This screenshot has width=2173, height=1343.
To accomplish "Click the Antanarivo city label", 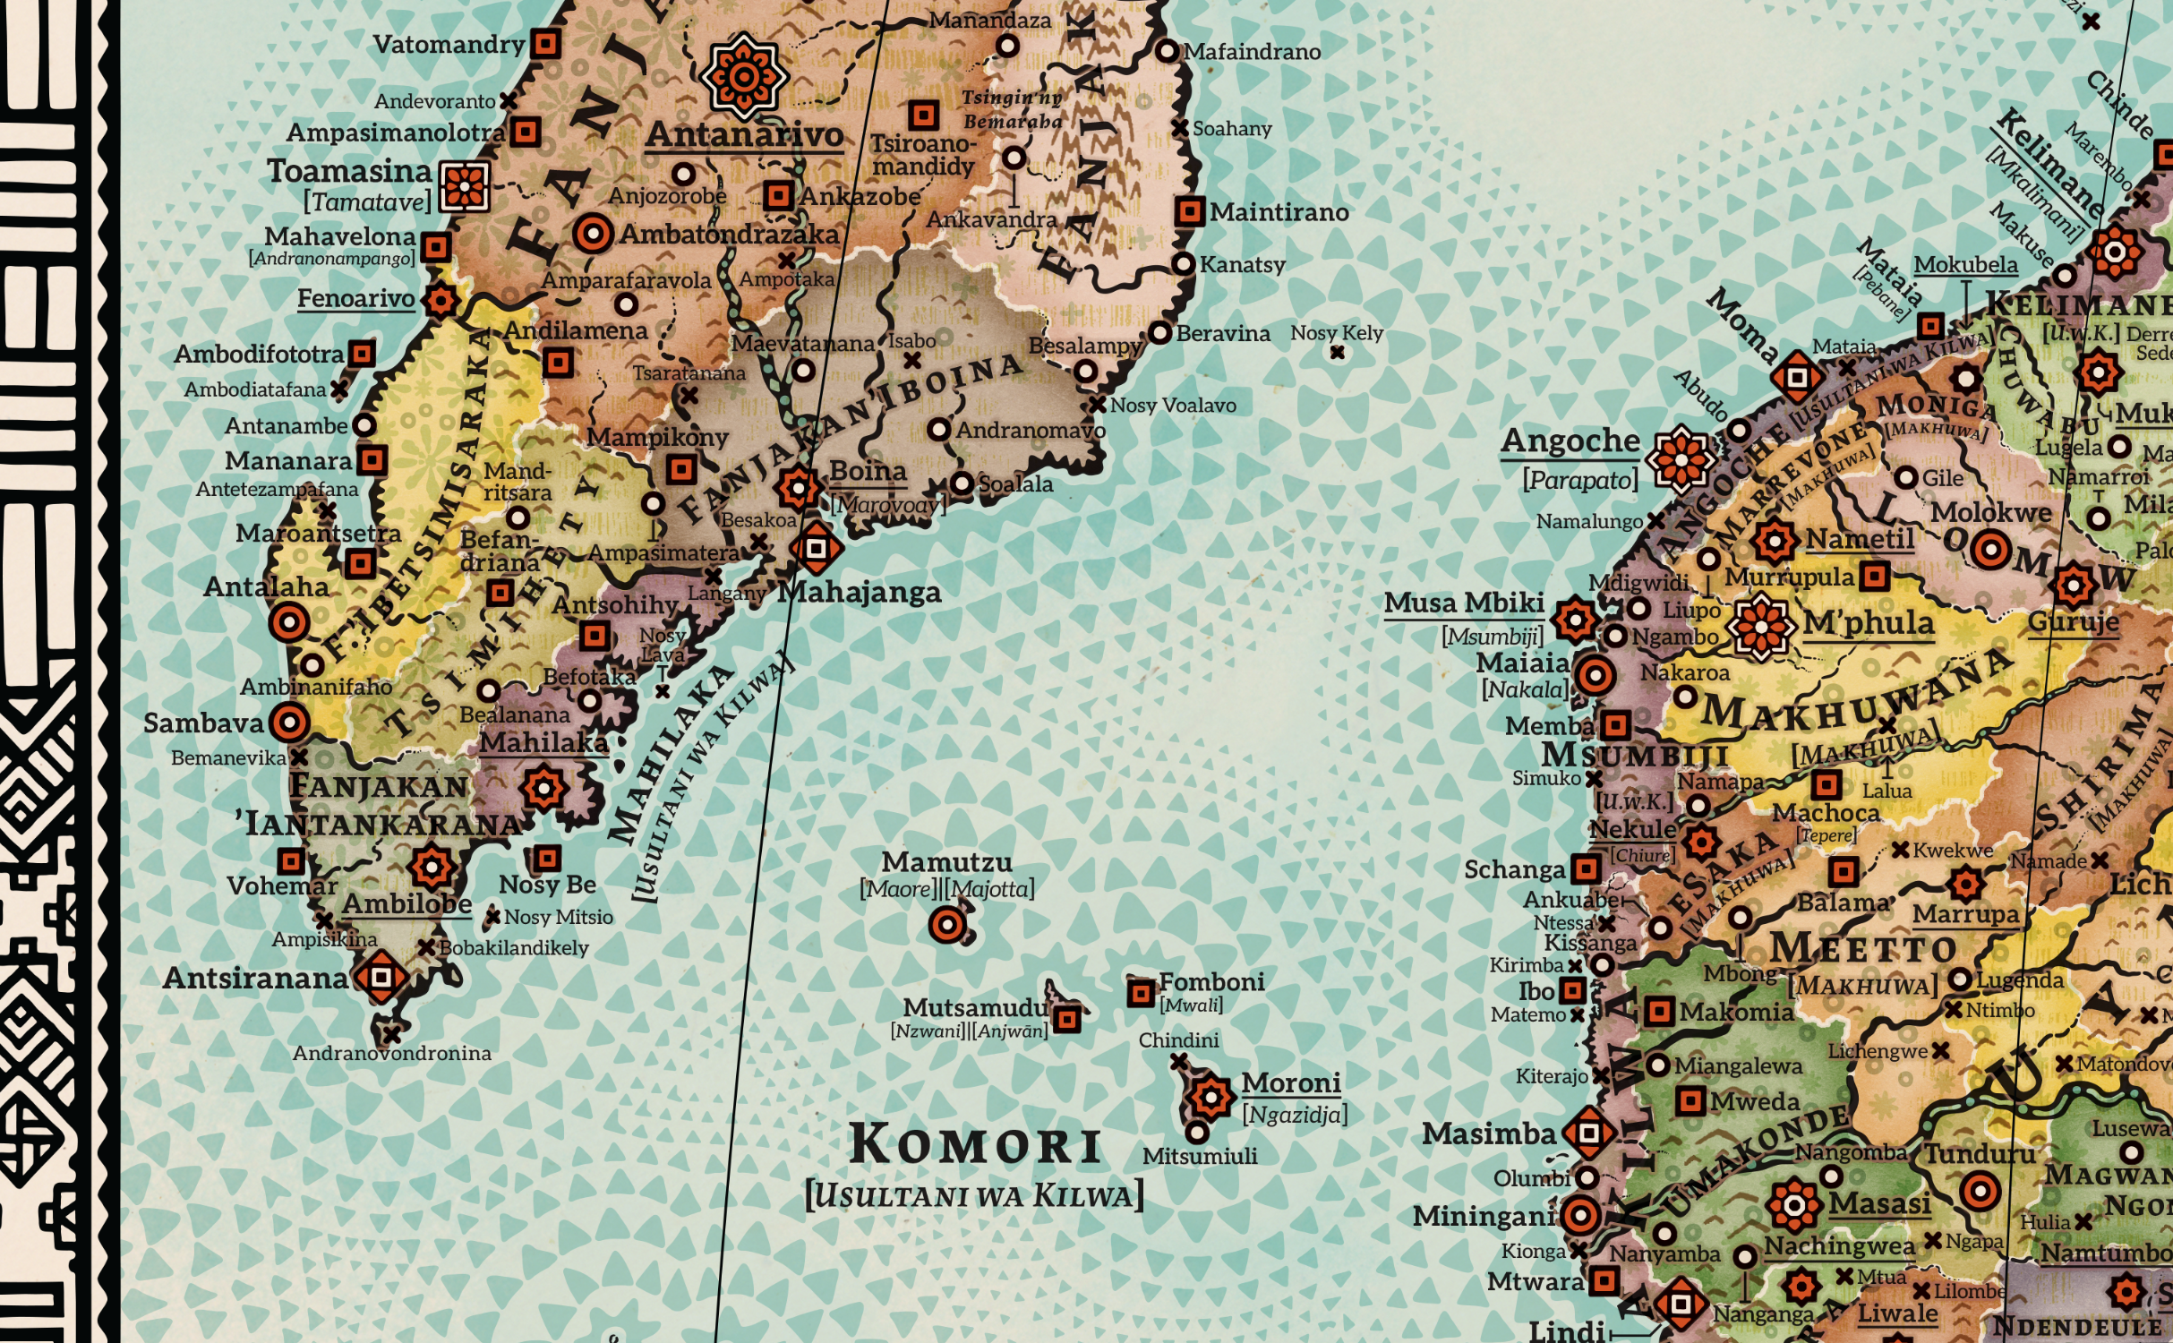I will tap(744, 135).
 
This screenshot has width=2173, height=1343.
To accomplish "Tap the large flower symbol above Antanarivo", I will tap(743, 76).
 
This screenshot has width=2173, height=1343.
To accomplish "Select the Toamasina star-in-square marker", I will tap(465, 186).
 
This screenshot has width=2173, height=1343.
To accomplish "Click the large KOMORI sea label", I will tap(975, 1145).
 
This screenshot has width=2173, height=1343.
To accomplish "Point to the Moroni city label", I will tap(1290, 1083).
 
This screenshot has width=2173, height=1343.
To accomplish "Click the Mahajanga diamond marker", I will tap(816, 547).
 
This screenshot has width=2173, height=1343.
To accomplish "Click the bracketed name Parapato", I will tap(1580, 481).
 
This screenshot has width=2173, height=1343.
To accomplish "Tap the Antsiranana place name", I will tap(255, 979).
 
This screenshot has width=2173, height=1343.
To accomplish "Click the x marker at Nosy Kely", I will tap(1337, 353).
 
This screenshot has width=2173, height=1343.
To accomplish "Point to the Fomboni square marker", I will tap(1140, 993).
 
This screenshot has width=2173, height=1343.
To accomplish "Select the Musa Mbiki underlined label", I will tap(1464, 603).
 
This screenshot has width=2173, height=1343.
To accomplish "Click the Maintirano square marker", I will tap(1189, 212).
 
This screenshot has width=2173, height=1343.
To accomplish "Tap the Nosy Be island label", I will tap(547, 885).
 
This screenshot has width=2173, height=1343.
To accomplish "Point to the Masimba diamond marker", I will tap(1589, 1133).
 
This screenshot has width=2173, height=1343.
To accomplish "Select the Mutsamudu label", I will tap(974, 1008).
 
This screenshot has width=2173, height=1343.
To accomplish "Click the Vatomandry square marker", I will tap(545, 43).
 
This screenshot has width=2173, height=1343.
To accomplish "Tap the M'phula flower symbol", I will tap(1760, 627).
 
